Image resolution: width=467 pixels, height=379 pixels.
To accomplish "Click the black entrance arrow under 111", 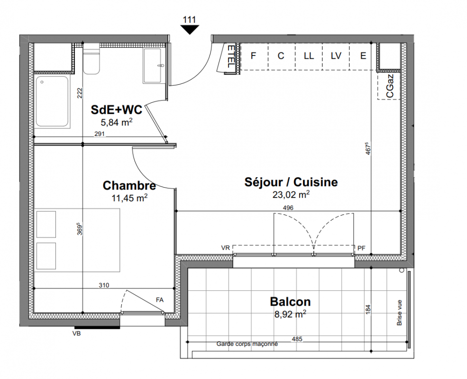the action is pyautogui.click(x=190, y=29).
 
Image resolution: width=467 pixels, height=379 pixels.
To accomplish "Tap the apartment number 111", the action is pyautogui.click(x=190, y=19).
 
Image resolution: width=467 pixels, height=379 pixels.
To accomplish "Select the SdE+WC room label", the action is pyautogui.click(x=117, y=110).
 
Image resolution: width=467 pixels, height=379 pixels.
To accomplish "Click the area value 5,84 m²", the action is pyautogui.click(x=117, y=122).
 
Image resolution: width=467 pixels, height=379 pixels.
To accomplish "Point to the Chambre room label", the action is pyautogui.click(x=129, y=185).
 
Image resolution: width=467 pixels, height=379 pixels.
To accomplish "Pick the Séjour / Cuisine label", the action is pyautogui.click(x=291, y=182).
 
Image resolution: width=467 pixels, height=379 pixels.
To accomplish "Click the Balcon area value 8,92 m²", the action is pyautogui.click(x=290, y=314).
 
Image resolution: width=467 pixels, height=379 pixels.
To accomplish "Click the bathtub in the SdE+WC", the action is pyautogui.click(x=52, y=102).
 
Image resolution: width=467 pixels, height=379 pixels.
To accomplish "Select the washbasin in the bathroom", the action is pyautogui.click(x=152, y=66).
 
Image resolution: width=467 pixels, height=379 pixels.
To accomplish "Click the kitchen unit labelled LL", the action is pyautogui.click(x=309, y=56).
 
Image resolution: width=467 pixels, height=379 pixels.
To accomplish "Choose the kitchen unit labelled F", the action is pyautogui.click(x=254, y=56).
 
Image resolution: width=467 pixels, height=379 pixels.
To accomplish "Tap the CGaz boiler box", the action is pyautogui.click(x=389, y=86).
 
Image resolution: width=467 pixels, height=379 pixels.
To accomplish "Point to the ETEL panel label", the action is pyautogui.click(x=231, y=56).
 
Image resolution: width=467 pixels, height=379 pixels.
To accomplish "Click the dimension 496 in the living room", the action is pyautogui.click(x=288, y=208).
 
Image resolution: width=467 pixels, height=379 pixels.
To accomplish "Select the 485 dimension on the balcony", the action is pyautogui.click(x=297, y=339).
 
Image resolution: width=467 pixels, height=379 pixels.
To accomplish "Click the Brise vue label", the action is pyautogui.click(x=399, y=312).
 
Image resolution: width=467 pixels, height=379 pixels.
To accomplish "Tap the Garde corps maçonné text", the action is pyautogui.click(x=247, y=344).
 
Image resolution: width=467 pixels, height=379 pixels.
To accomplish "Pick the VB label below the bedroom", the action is pyautogui.click(x=76, y=334).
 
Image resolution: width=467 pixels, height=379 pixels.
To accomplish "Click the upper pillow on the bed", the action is pyautogui.click(x=46, y=224).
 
